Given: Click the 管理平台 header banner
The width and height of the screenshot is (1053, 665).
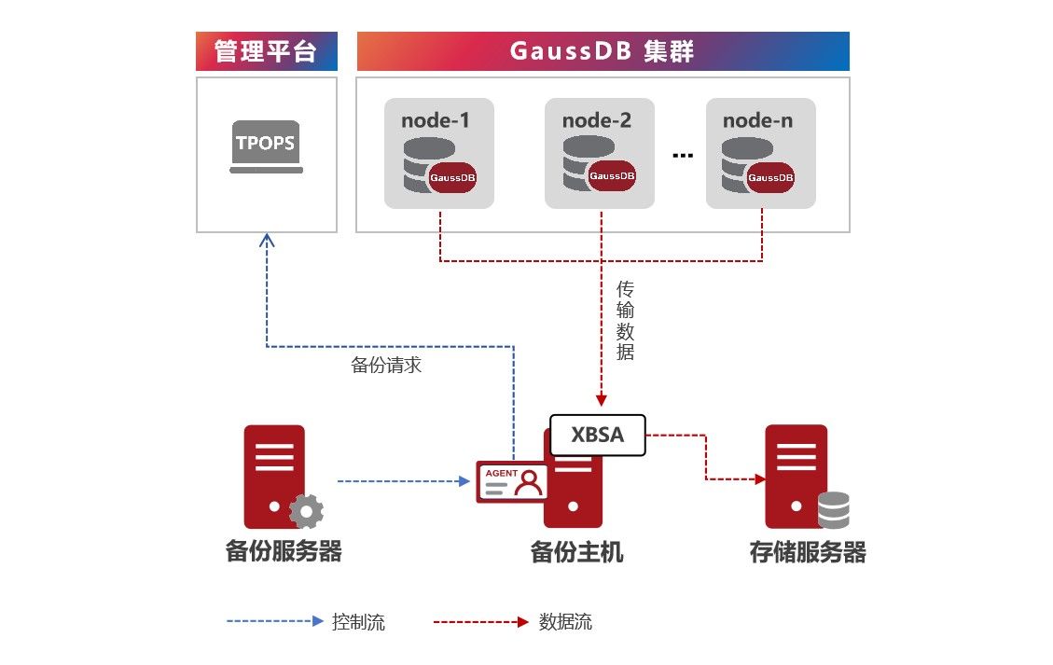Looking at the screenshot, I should [265, 51].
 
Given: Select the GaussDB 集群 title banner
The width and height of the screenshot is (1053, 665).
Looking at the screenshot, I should [603, 51].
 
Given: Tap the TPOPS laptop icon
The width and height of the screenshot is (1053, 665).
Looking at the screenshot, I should [267, 146].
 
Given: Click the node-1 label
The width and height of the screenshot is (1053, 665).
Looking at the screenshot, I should [436, 120].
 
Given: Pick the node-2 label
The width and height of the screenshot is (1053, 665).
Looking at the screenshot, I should [597, 120].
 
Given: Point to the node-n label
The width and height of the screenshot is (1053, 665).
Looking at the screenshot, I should [757, 120].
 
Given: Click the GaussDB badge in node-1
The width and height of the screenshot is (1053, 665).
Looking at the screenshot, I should [459, 176].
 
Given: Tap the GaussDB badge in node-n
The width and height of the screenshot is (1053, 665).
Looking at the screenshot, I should [770, 176].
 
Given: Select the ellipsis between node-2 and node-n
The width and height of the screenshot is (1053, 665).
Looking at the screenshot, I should [683, 156].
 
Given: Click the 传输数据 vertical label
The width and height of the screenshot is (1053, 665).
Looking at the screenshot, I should [625, 321].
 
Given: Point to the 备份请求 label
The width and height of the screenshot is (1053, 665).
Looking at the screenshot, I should [386, 366].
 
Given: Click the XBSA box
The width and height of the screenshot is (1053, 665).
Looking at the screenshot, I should [597, 435].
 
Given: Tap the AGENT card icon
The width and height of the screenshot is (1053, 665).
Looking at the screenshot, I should [512, 481].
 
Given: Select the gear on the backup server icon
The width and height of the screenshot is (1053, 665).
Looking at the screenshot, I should [306, 511].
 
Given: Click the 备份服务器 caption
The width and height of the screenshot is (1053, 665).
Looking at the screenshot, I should [284, 551].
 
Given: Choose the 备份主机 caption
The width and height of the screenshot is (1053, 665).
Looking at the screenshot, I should [576, 552].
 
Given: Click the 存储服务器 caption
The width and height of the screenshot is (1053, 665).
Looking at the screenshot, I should [808, 552].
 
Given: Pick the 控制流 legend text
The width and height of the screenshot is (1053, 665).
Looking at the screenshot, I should [358, 622].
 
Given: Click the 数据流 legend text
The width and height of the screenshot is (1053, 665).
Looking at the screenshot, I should [565, 622].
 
